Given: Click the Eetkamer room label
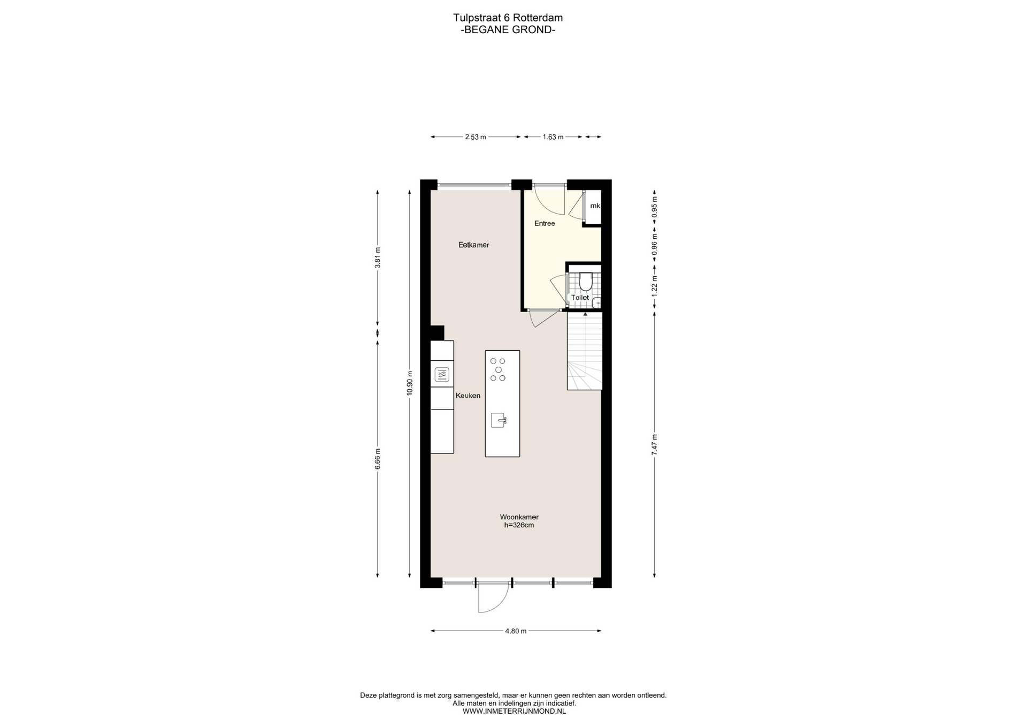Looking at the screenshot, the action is [474, 245].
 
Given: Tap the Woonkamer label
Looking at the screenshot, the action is [519, 517].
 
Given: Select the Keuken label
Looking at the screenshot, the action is [468, 396].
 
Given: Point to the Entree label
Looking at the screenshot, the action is [545, 223].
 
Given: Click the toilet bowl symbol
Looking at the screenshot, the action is [586, 281].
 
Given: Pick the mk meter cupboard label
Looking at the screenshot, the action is [595, 206].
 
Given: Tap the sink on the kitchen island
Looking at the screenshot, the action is [499, 420].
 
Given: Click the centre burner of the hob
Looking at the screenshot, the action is [499, 370].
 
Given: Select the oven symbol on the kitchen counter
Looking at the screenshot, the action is [442, 375].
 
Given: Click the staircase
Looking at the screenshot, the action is [585, 351].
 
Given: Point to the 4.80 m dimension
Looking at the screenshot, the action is [516, 631].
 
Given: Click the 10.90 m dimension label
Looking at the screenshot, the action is [410, 383].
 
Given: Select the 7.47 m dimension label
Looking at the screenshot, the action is [654, 445].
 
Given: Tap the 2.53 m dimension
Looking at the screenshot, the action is [476, 137].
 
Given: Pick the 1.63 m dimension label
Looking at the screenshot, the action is [553, 137].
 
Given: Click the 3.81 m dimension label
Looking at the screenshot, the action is [378, 258].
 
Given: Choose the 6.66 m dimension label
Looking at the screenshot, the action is [378, 459].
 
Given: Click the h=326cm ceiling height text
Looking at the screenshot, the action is [519, 525].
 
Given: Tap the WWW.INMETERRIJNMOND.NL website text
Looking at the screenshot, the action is [514, 711].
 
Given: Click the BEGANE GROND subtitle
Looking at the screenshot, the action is [508, 30].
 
